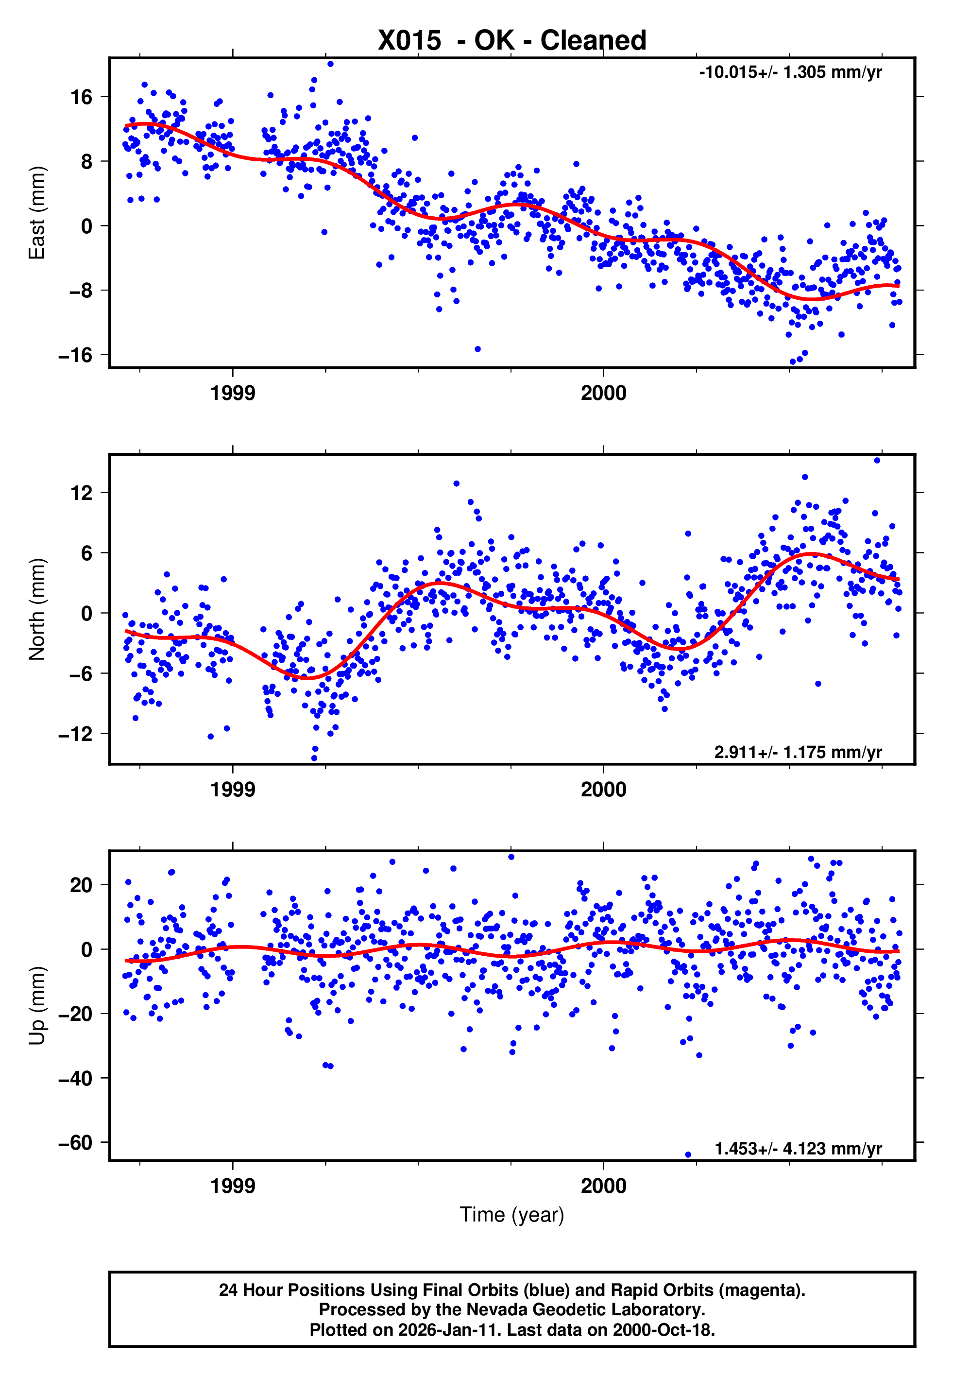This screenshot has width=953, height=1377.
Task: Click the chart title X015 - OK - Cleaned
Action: click(x=512, y=41)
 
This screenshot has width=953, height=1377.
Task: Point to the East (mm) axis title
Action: click(x=37, y=213)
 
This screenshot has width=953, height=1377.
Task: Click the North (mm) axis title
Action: click(x=37, y=609)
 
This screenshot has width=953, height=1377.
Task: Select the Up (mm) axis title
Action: click(x=37, y=1006)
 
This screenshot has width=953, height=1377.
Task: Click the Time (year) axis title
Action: click(x=512, y=1215)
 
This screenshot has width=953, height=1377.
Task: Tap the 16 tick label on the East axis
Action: click(x=81, y=97)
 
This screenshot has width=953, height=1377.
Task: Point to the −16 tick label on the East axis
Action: click(x=75, y=355)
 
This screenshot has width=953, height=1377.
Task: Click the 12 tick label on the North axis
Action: click(x=81, y=493)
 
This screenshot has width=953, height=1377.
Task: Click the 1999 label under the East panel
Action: click(x=232, y=393)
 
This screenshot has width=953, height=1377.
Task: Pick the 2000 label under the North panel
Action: click(x=604, y=790)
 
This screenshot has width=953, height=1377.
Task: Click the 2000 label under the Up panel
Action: click(x=604, y=1186)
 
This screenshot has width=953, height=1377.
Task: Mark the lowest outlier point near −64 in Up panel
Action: click(x=688, y=1155)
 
